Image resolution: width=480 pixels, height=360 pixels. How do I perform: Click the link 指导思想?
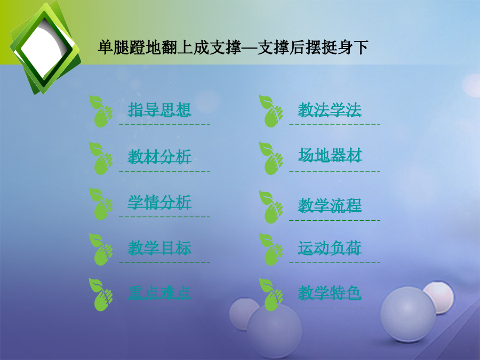coord(159,109)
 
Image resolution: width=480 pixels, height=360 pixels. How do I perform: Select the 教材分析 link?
coord(159,157)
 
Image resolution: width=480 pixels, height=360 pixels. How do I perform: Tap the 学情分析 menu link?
coord(159,202)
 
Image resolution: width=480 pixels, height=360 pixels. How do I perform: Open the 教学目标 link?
coord(159,248)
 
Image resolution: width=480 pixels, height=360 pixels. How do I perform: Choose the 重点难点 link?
coord(159,293)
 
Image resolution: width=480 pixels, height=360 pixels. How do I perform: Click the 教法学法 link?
coord(330,109)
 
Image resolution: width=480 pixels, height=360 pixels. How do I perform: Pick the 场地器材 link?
coord(330,155)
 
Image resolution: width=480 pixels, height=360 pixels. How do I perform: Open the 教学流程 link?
coord(330,205)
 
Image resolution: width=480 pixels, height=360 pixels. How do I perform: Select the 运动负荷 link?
coord(330,248)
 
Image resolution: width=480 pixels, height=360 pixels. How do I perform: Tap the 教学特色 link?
coord(330,293)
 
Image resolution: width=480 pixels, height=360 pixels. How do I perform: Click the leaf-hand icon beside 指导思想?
coord(101,111)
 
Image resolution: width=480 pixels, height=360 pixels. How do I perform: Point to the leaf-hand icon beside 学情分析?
coord(101,204)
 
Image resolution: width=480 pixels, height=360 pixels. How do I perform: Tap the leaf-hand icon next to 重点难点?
coord(101,294)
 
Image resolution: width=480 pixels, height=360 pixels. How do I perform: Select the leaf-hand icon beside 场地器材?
coord(271,158)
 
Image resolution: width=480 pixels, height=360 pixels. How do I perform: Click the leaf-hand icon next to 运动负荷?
coord(271,249)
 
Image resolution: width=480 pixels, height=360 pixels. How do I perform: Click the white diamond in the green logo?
coord(45,48)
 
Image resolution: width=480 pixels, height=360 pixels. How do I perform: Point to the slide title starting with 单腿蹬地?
coord(233,47)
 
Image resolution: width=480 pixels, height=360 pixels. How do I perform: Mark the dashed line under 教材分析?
coord(164,171)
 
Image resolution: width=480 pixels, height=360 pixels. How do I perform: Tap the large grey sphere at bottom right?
coord(408,315)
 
